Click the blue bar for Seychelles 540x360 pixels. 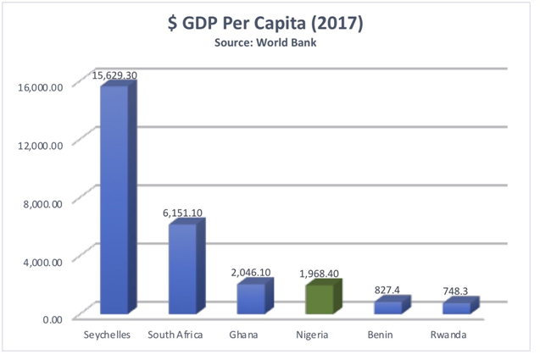[x=114, y=199]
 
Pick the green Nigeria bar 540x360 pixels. [x=320, y=299]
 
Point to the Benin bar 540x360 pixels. [x=388, y=307]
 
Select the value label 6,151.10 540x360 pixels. [x=183, y=213]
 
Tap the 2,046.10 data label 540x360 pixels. [x=253, y=273]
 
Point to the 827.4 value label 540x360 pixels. [x=388, y=291]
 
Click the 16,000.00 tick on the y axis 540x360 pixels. [x=40, y=86]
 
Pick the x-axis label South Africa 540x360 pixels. [x=175, y=335]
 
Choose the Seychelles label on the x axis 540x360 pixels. [x=107, y=335]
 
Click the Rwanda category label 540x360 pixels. [x=448, y=335]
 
